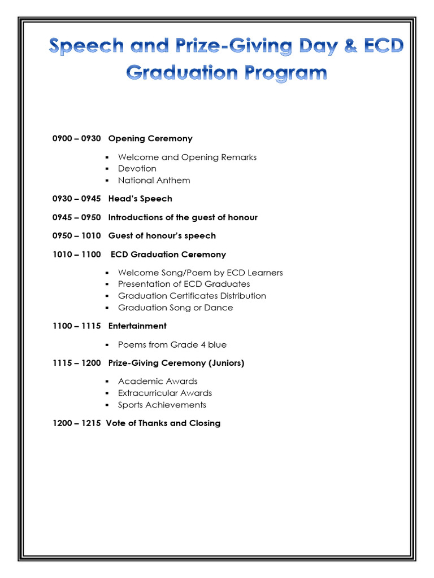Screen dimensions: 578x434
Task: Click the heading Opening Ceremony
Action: (150, 138)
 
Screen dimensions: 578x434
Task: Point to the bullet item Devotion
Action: (137, 168)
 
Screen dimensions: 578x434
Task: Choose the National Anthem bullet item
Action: (154, 180)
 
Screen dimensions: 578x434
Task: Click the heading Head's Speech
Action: (140, 199)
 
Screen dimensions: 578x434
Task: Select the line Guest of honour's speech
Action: (162, 235)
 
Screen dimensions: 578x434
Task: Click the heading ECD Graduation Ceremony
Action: (168, 254)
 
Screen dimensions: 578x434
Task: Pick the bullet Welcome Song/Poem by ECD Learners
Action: (200, 273)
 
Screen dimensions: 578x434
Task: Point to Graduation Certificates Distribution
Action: (192, 296)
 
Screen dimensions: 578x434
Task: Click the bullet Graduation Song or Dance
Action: (175, 308)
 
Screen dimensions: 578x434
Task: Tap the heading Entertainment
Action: (137, 326)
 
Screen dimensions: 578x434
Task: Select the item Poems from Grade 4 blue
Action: (172, 344)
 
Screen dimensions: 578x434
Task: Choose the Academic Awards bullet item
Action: (158, 381)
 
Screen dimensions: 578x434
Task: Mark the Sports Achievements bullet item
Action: (162, 405)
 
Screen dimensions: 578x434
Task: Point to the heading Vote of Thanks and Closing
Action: (163, 423)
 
